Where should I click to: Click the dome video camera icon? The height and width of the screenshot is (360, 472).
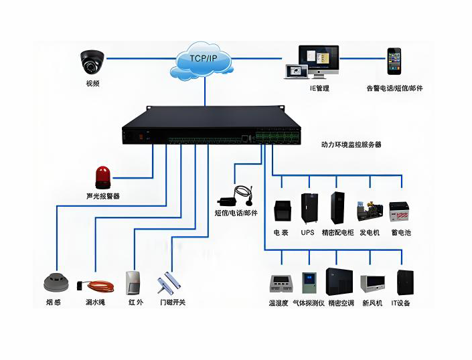[x=92, y=62]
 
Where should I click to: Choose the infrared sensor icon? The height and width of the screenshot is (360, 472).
[x=134, y=282]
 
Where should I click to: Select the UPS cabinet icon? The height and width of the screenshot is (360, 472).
[x=309, y=209]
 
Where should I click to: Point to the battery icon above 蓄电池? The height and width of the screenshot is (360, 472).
[x=400, y=213]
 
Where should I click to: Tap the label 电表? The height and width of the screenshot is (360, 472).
[x=281, y=232]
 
